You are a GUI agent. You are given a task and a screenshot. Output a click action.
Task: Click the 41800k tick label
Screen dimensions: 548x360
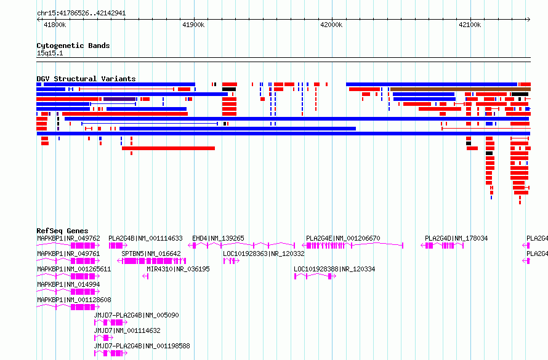(55, 25)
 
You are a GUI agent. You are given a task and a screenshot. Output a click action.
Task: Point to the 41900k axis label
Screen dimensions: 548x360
(193, 25)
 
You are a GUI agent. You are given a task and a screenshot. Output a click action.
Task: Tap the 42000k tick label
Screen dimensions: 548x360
(331, 25)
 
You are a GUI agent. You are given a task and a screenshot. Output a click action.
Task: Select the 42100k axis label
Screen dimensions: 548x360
(470, 25)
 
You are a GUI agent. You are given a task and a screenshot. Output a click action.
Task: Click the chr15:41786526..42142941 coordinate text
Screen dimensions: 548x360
(81, 14)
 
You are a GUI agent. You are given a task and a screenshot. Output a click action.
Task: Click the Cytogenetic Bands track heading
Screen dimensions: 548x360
(73, 46)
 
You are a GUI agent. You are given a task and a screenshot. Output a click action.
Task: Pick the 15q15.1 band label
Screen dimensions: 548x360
(50, 53)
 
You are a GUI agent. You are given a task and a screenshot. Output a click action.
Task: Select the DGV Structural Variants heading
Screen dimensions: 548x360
(86, 79)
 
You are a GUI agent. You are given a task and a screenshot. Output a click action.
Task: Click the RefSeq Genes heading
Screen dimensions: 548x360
(62, 231)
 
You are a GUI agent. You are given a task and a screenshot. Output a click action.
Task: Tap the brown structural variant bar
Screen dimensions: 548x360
(461, 89)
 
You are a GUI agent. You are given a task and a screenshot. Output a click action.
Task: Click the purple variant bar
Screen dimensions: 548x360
(119, 99)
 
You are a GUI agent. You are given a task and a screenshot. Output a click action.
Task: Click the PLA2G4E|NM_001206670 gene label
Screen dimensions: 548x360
(343, 238)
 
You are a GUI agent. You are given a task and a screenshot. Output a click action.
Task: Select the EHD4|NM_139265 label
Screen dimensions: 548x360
(218, 238)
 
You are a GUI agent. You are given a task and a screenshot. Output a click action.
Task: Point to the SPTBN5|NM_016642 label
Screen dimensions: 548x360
(151, 254)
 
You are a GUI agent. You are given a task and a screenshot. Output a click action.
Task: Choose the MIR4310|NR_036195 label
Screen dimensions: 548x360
(178, 269)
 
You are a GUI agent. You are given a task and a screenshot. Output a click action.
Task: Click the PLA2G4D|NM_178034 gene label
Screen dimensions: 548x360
(456, 238)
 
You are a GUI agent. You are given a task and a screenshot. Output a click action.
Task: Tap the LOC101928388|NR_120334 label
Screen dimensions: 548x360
(334, 269)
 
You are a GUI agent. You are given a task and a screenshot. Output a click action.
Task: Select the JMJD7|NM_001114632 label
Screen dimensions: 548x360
(127, 330)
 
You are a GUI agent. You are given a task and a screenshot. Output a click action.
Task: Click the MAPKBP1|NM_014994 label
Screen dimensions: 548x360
(68, 284)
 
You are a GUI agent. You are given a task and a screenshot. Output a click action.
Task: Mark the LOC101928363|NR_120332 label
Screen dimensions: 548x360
(264, 254)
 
